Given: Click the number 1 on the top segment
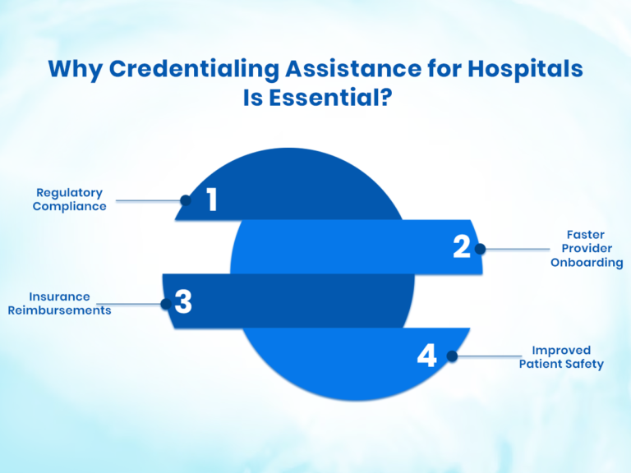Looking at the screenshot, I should coord(211,200).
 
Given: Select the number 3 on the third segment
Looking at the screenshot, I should coord(183,302).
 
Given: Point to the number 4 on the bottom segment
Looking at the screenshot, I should coord(426,356).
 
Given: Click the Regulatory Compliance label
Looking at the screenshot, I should coord(69,200).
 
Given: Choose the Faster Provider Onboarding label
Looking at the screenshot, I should coord(586,247).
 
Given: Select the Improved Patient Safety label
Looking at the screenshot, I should coord(561,356).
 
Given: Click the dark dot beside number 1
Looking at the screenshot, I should coord(186,200).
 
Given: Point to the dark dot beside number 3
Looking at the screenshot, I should coord(165,304).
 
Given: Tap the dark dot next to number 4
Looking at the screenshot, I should coord(451,356).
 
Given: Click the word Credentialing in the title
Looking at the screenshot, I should coord(181,70).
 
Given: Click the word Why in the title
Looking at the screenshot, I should coord(71,70).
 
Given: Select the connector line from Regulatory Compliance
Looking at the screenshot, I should coord(148,200).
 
